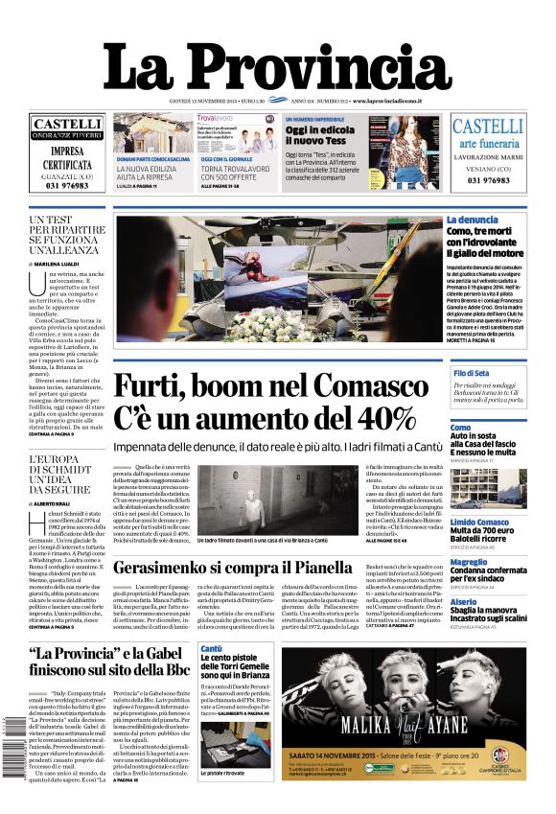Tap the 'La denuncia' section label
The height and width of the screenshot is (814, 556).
tap(472, 221)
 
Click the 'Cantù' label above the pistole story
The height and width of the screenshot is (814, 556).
tap(211, 649)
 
